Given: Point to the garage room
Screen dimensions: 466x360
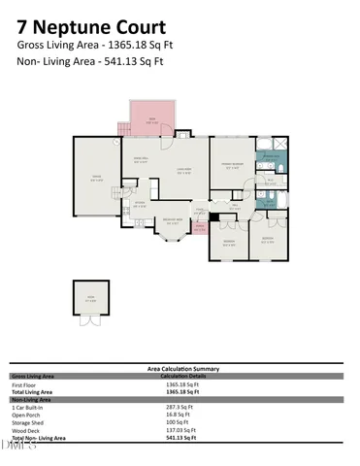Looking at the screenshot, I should coord(96,177).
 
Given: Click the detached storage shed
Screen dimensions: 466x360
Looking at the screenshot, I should coord(90,299).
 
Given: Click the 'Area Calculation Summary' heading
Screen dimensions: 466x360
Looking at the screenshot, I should coord(182,369).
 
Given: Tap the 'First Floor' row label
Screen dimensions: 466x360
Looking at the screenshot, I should coord(22,384).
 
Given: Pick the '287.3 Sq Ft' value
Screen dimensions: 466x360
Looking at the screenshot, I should coord(181,406).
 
